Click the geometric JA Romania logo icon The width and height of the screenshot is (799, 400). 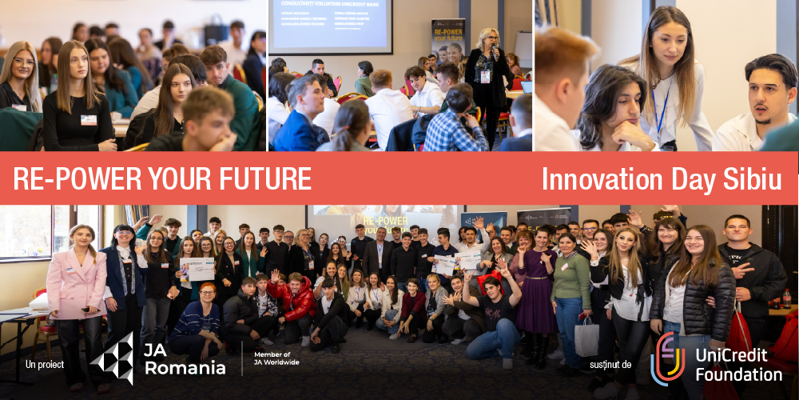(x=112, y=358)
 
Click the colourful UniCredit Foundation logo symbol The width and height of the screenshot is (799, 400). (x=667, y=358)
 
